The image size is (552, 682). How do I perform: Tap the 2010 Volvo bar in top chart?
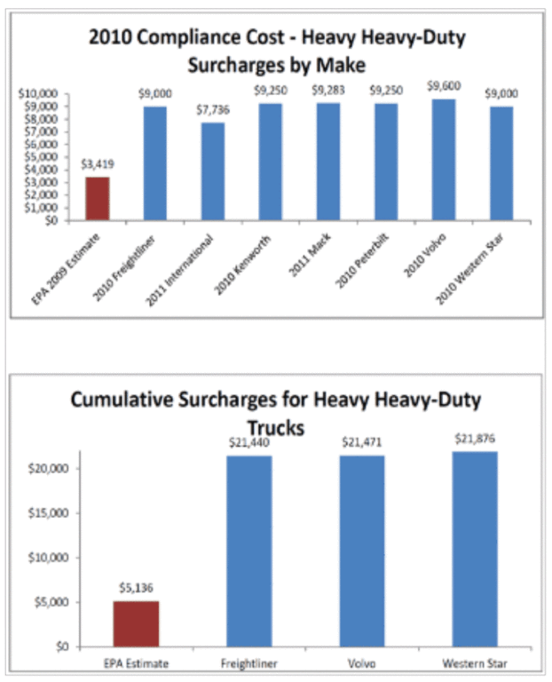click(x=444, y=160)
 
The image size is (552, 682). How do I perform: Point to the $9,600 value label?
click(x=445, y=86)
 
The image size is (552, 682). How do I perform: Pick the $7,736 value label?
click(x=214, y=109)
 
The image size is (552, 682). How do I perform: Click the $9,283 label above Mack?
click(x=328, y=90)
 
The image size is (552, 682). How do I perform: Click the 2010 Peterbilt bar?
click(x=386, y=163)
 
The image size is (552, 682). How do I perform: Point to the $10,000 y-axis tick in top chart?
click(x=37, y=93)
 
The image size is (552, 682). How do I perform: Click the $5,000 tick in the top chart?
click(x=40, y=157)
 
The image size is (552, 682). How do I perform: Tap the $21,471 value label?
click(x=362, y=441)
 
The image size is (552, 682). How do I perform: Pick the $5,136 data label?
click(x=136, y=587)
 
